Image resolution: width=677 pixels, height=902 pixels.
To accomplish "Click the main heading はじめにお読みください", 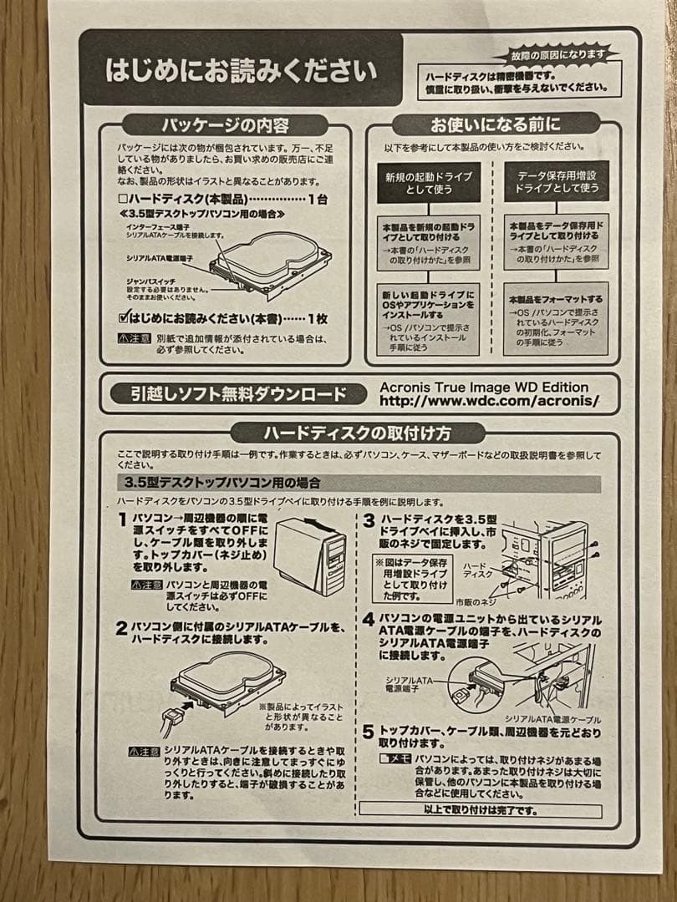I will tap(241, 69).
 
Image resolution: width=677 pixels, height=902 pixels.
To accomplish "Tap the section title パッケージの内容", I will tap(225, 126).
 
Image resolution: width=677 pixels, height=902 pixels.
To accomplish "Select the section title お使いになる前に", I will tap(495, 124).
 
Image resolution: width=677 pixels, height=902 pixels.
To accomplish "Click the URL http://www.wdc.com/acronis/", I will tap(489, 401).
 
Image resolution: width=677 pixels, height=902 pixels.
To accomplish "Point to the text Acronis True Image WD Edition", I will tap(484, 387).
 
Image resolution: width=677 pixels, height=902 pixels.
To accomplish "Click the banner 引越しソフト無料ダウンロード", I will tap(237, 394).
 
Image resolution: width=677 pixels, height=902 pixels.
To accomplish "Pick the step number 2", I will tap(121, 628).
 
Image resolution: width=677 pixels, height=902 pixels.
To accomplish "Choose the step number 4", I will tap(369, 620).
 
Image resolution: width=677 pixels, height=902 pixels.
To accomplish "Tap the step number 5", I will tap(369, 732).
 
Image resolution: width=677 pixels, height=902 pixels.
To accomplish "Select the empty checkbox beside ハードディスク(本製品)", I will tap(123, 199).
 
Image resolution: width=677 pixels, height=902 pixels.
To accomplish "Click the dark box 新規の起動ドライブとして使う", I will tap(429, 183).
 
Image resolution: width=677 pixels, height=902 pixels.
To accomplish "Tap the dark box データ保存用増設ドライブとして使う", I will tap(557, 182).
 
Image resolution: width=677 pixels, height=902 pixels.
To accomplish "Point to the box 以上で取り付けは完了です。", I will tap(480, 810).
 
